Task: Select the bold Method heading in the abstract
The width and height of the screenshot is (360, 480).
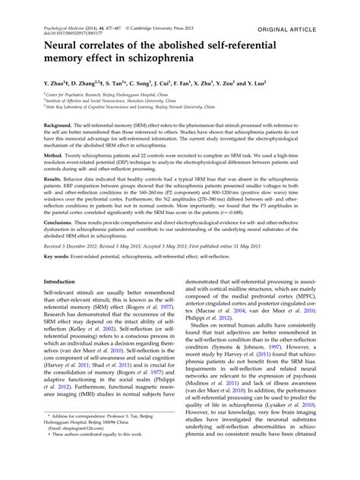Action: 55,154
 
